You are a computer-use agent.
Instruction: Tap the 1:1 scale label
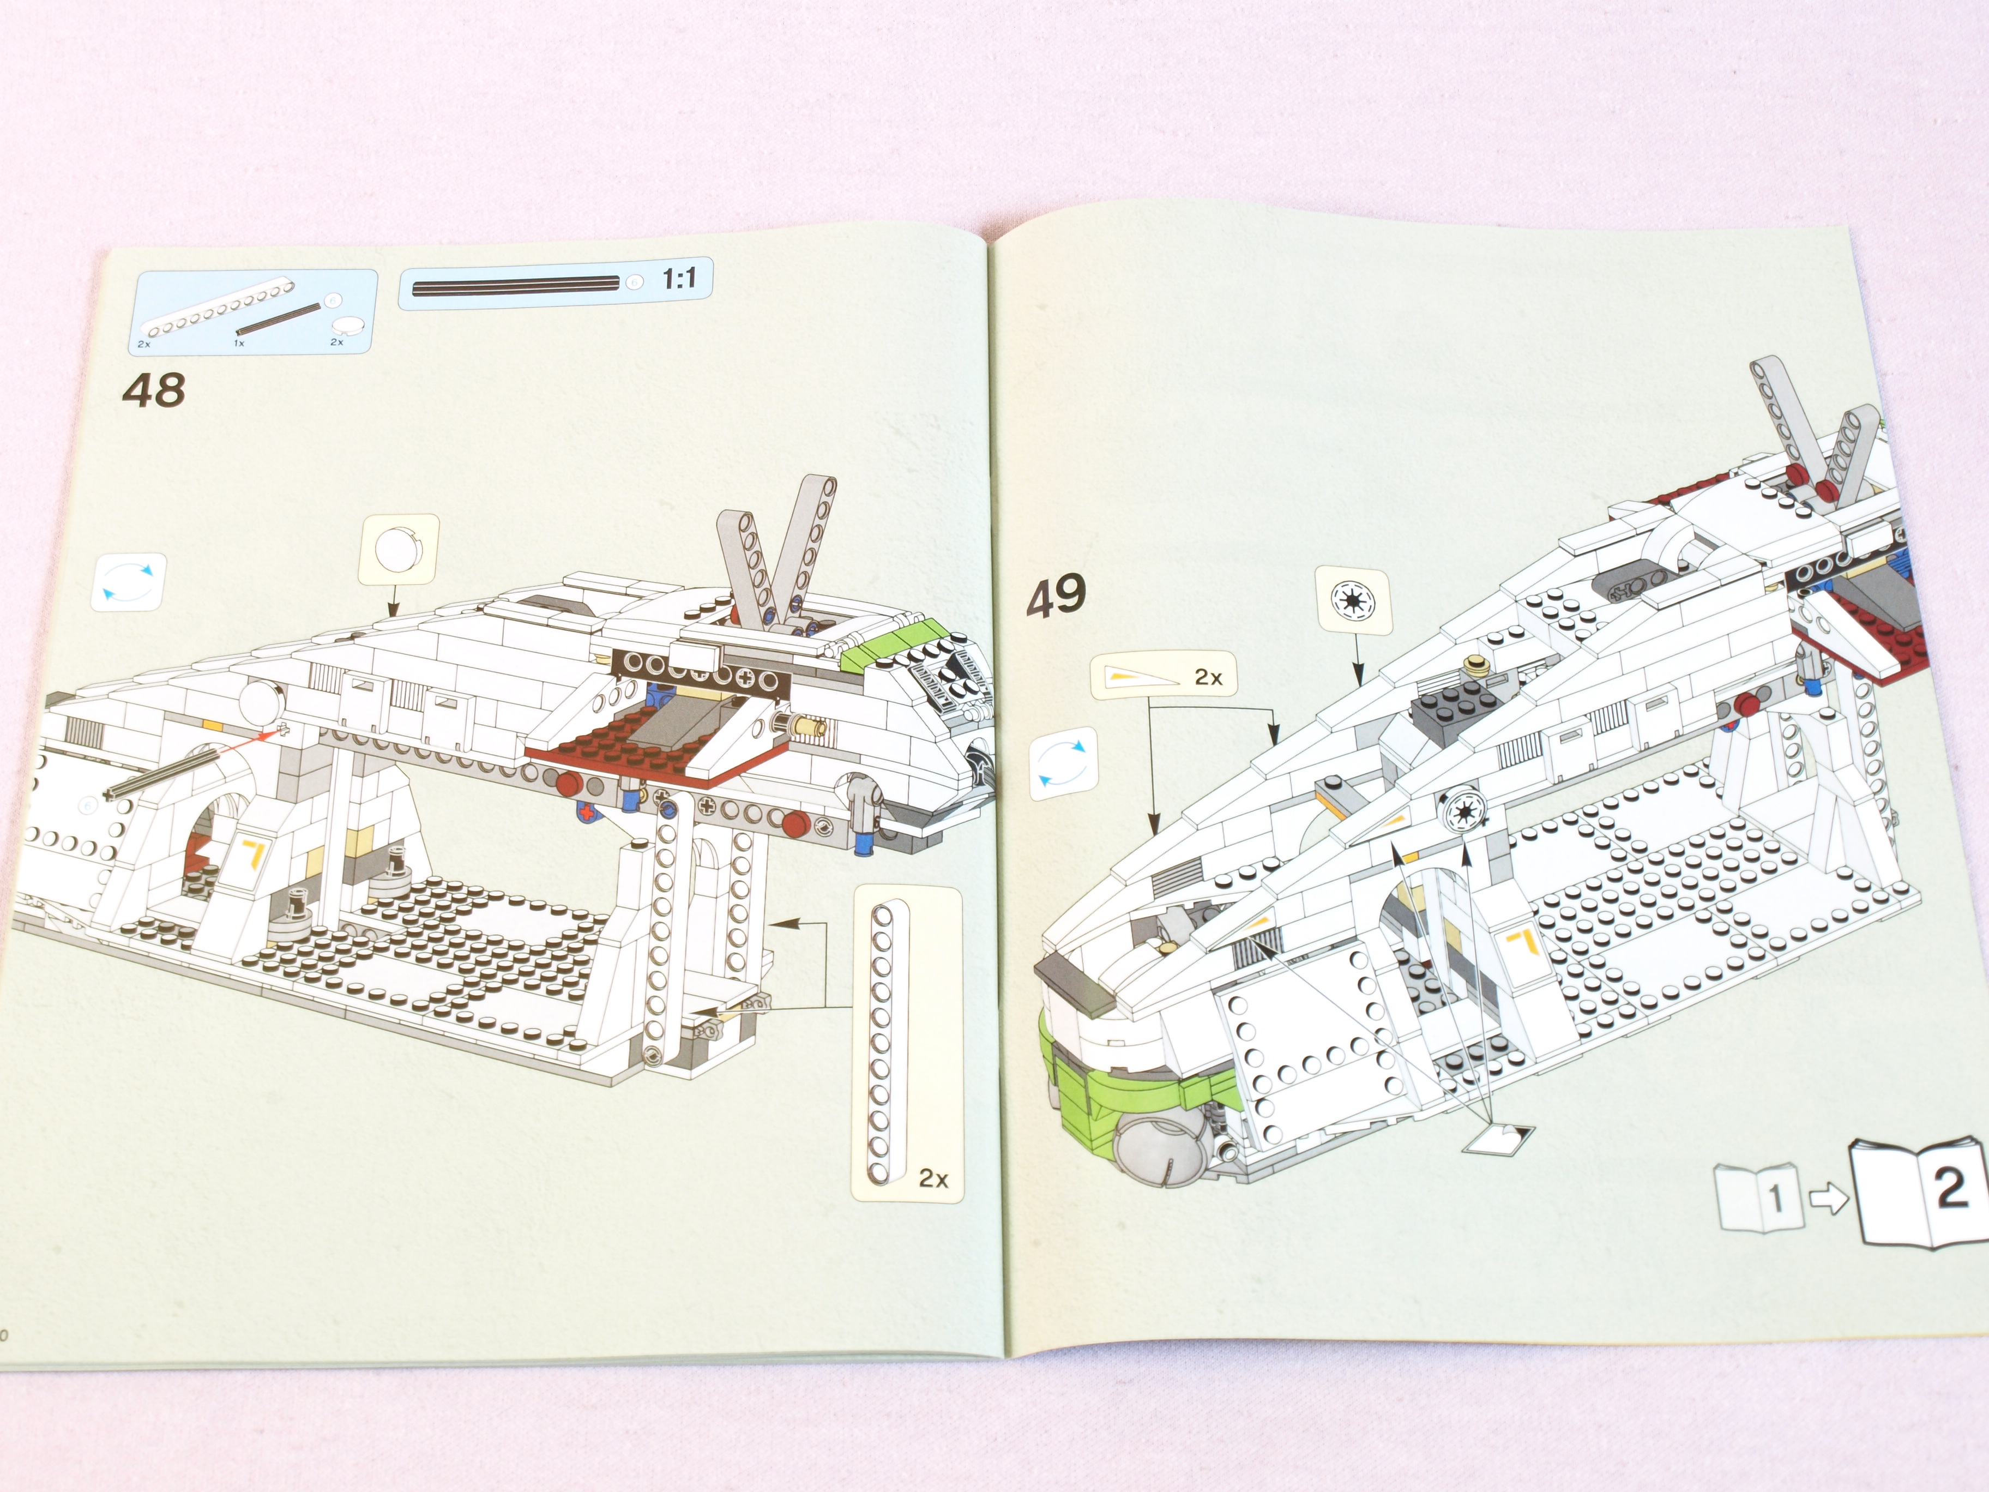coord(679,279)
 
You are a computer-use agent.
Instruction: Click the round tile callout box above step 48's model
coord(399,550)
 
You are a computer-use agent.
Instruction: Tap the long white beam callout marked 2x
coord(906,1043)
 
